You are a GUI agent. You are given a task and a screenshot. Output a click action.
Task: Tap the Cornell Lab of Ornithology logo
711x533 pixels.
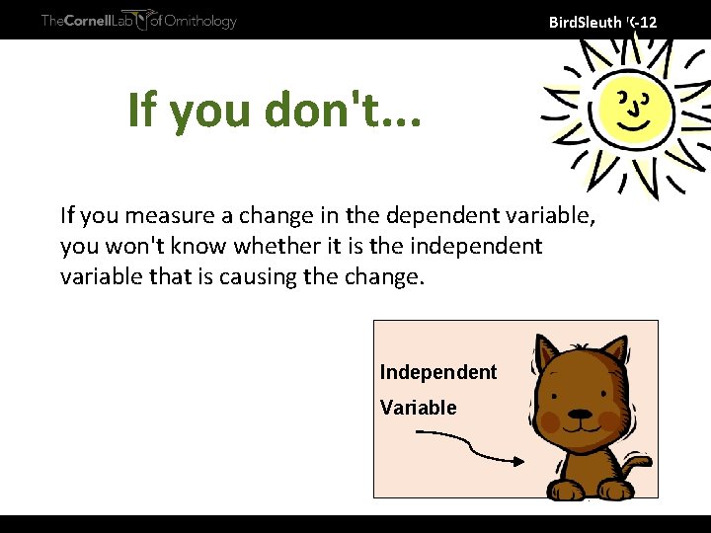coord(139,20)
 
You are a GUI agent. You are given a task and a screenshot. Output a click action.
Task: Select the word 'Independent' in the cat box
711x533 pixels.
coord(438,372)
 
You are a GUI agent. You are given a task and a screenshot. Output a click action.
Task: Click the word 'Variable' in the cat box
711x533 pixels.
coord(419,408)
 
